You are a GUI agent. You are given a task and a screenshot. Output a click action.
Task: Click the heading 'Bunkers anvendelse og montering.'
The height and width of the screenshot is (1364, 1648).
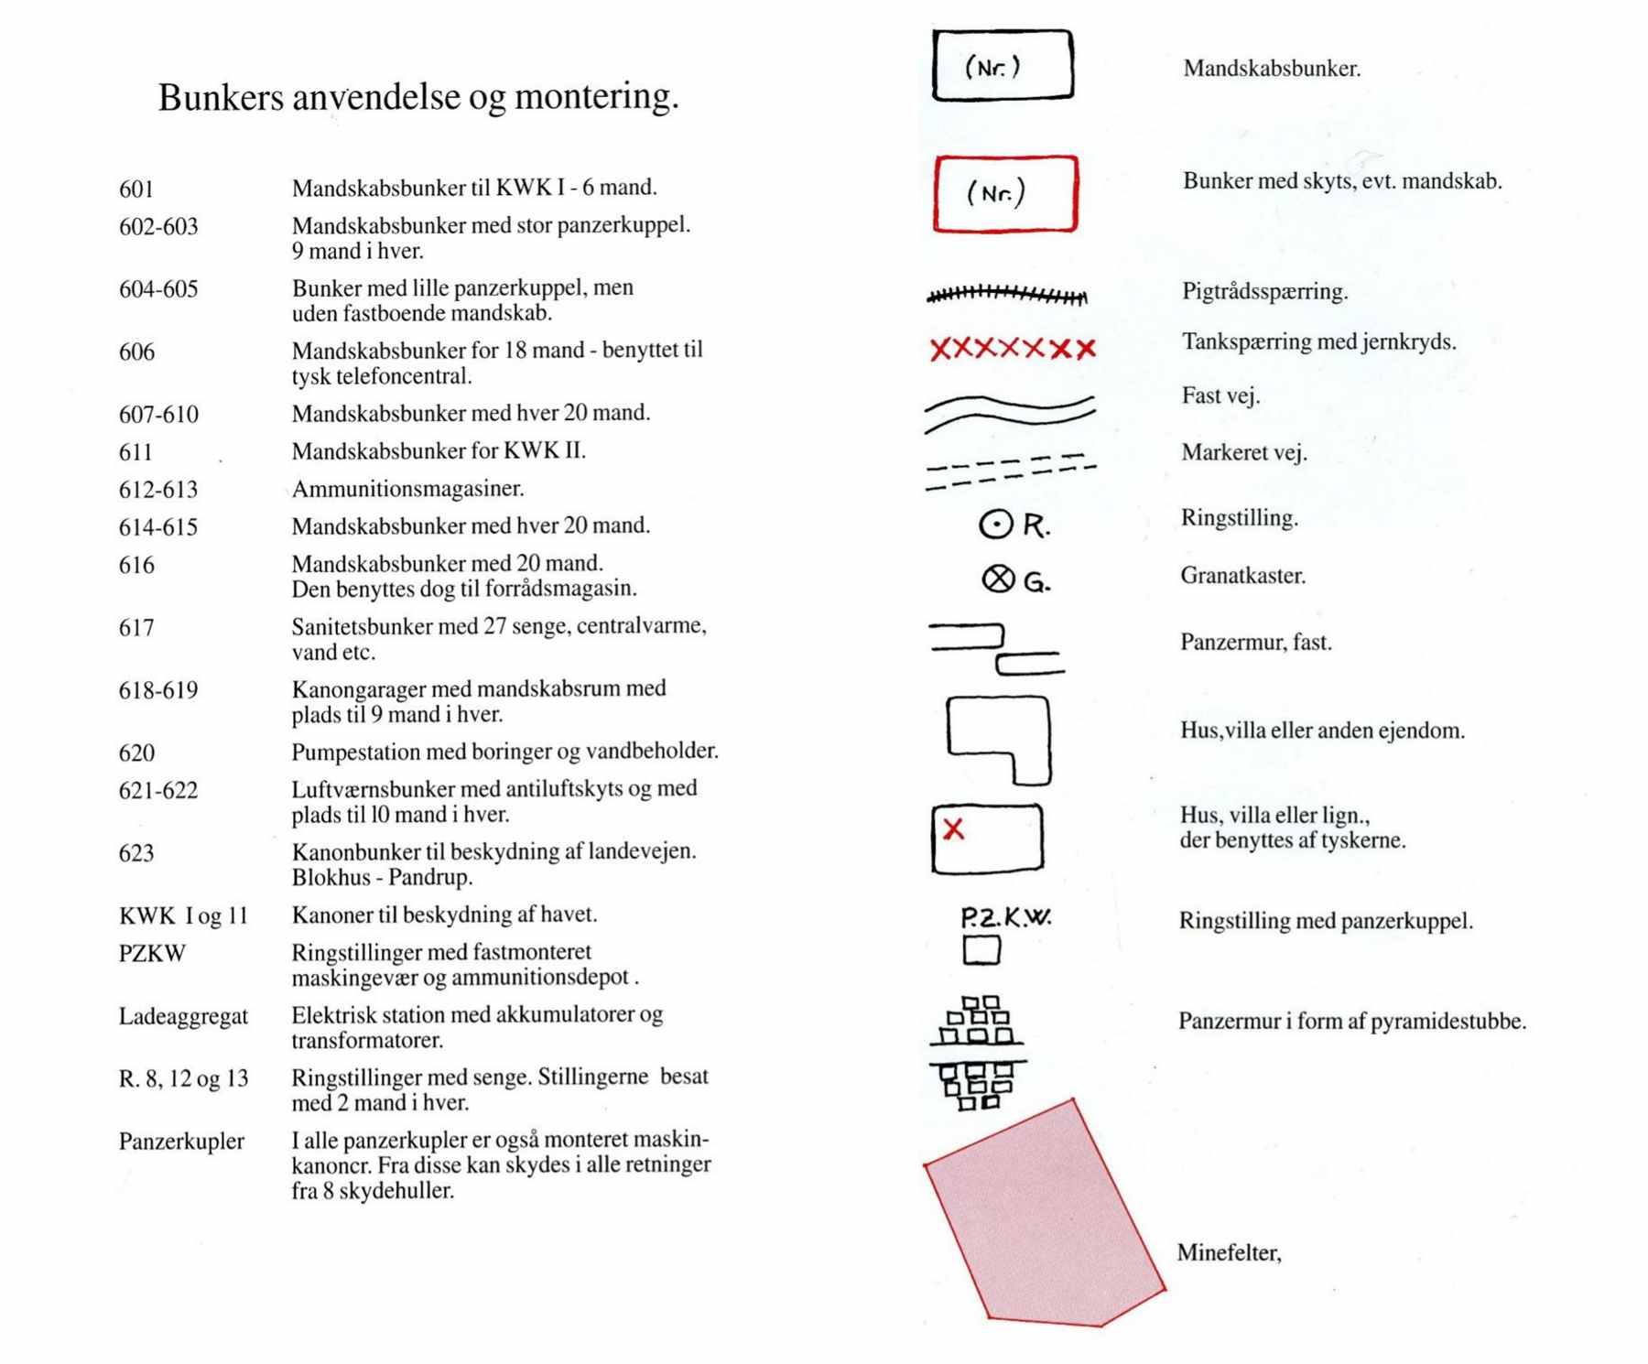point(418,97)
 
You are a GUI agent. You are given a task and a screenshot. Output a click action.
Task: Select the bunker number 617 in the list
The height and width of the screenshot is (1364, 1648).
point(136,628)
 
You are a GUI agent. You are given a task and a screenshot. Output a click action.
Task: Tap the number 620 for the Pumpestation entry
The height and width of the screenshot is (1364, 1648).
point(136,753)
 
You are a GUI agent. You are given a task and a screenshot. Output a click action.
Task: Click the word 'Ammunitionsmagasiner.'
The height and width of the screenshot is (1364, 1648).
point(407,489)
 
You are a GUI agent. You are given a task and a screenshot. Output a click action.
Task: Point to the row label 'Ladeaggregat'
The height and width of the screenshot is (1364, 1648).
point(183,1017)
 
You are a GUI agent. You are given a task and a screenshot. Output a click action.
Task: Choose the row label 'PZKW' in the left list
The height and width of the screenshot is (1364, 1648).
point(152,954)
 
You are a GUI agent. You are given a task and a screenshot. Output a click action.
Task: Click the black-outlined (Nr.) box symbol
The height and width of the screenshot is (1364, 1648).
point(1003,65)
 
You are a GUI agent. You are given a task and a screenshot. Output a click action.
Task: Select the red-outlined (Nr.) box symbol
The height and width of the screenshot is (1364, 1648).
point(1005,193)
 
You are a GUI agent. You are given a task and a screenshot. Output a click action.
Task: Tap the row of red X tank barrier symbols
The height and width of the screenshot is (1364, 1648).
point(1012,349)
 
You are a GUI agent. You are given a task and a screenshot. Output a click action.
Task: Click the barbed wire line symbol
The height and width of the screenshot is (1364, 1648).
point(1007,295)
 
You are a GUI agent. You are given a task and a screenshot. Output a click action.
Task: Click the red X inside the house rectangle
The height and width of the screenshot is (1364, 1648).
point(953,829)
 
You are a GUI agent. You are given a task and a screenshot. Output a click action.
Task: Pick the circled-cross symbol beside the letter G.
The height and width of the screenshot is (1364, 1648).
point(998,579)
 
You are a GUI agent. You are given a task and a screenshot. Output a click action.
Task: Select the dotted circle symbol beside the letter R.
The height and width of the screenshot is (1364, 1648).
point(996,525)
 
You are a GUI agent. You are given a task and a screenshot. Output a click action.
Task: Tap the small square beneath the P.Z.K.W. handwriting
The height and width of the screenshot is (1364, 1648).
point(981,950)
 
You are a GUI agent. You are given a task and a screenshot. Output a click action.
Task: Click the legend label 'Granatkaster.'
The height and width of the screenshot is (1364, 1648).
point(1242,576)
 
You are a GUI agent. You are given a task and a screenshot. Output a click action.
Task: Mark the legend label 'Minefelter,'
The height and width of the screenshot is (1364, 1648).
point(1229,1253)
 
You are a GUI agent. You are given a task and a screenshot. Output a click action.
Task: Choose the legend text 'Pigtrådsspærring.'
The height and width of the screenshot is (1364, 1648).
point(1264,292)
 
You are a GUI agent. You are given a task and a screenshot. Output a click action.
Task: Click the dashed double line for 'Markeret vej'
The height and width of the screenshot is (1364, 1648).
point(1010,471)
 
